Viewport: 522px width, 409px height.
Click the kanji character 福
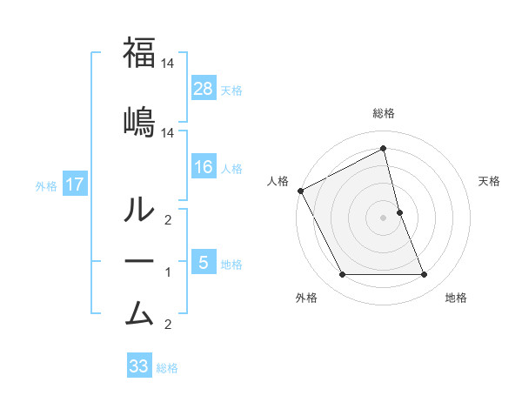click(x=139, y=53)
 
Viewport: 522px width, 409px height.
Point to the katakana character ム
click(x=139, y=312)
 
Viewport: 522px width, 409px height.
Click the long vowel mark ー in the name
click(x=139, y=261)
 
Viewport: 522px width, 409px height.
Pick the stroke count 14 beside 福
click(x=169, y=64)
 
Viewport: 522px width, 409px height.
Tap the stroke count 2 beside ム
click(x=169, y=325)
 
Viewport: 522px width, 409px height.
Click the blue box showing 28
click(x=204, y=89)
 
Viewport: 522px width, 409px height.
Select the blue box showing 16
click(x=204, y=167)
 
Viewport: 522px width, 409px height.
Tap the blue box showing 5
click(x=204, y=262)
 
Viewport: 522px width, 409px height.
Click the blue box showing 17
click(x=74, y=184)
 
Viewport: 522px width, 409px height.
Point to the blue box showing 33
click(x=139, y=366)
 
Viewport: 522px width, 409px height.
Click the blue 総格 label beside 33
click(x=167, y=368)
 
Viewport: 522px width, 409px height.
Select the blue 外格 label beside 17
click(x=46, y=185)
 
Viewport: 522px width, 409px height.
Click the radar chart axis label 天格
click(x=490, y=181)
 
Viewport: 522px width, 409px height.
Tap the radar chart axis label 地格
click(x=456, y=298)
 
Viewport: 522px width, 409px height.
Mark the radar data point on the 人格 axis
click(x=300, y=191)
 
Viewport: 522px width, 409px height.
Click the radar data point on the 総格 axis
click(x=383, y=148)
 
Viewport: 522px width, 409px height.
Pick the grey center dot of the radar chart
click(x=383, y=218)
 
